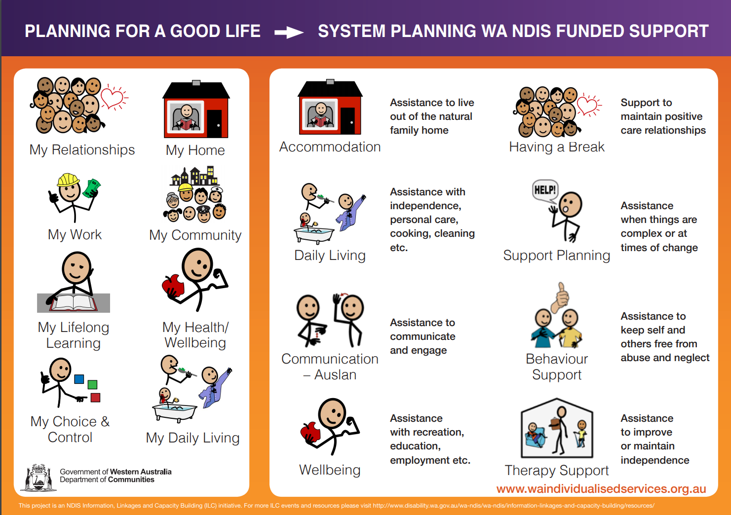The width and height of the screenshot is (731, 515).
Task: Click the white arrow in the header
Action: (289, 32)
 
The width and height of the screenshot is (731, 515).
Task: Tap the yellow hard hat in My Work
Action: (69, 180)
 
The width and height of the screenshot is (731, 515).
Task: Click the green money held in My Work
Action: (92, 188)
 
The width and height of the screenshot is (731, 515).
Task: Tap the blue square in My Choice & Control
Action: (79, 379)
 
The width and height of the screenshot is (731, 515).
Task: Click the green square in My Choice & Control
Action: (92, 385)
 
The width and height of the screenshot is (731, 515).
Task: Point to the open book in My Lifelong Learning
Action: (74, 302)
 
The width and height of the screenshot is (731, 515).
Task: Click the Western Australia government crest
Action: (38, 478)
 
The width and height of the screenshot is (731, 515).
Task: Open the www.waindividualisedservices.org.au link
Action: (601, 489)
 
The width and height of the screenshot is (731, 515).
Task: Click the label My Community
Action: (195, 235)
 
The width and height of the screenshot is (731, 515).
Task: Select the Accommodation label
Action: (330, 147)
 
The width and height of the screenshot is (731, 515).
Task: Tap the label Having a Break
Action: (557, 147)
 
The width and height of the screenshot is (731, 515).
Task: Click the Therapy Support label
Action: (557, 471)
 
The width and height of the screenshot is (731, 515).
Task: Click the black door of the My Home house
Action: (214, 123)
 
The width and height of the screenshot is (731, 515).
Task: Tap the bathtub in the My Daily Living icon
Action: (175, 413)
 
